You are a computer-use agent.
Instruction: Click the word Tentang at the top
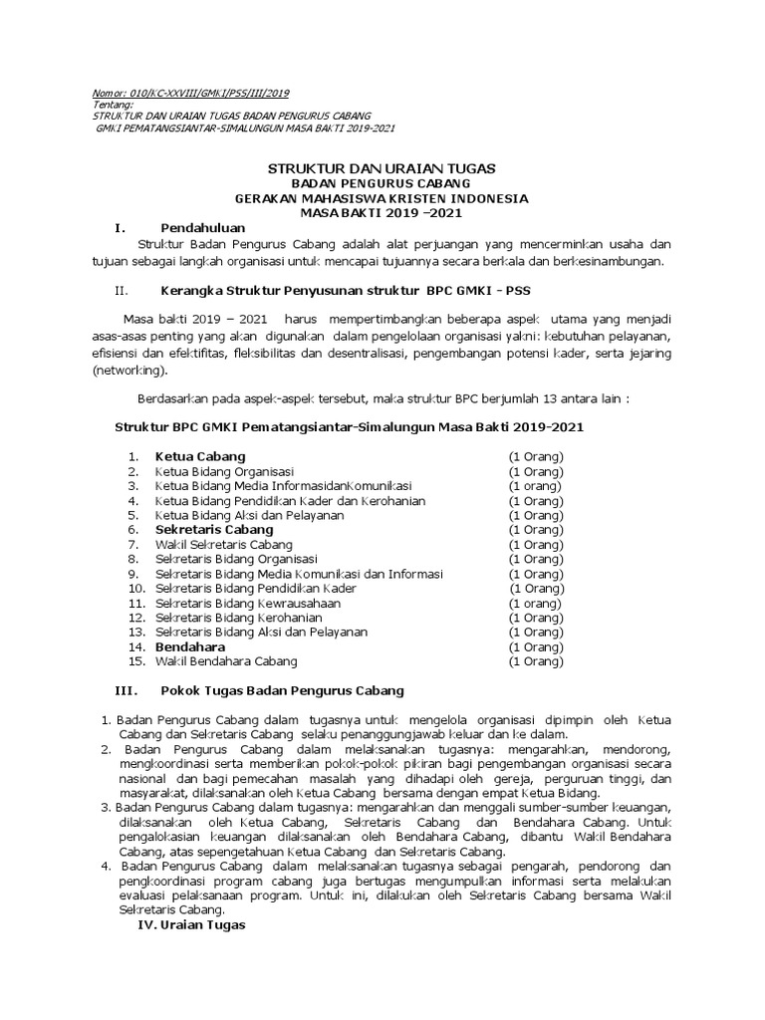[x=112, y=105]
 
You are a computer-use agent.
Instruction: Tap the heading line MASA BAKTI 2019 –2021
[x=382, y=213]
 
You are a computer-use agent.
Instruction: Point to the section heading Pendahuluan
[x=202, y=228]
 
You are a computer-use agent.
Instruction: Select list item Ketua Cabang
[x=200, y=456]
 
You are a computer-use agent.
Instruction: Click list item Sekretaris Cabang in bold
[x=214, y=530]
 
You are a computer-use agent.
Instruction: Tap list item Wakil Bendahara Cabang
[x=226, y=661]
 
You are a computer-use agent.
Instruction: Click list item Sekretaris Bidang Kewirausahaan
[x=248, y=604]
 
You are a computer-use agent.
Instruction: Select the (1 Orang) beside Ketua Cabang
[x=536, y=456]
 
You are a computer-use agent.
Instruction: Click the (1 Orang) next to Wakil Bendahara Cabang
[x=536, y=661]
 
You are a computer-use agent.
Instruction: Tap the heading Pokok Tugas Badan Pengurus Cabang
[x=282, y=690]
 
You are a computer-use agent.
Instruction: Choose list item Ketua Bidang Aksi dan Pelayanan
[x=250, y=515]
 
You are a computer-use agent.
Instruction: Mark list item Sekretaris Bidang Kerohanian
[x=239, y=618]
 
